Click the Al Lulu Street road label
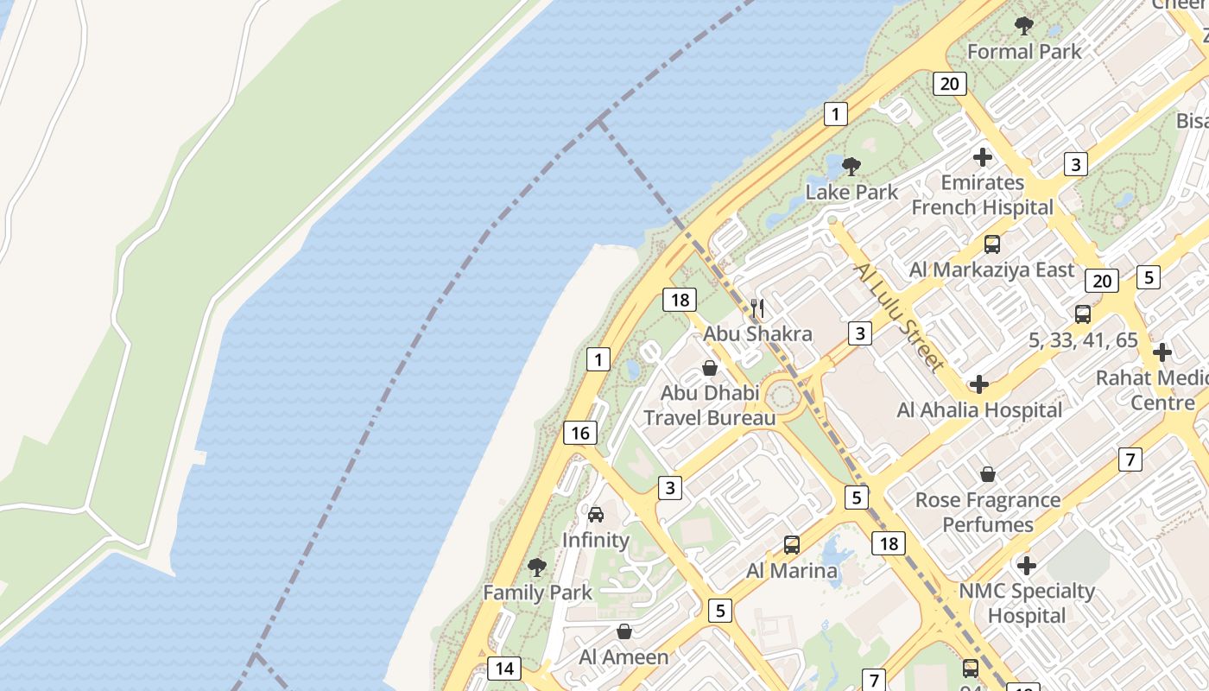tap(898, 317)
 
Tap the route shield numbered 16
tap(579, 433)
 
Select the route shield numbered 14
tap(504, 668)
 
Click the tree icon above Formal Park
tap(1024, 26)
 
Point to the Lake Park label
tap(851, 192)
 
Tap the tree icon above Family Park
tap(536, 567)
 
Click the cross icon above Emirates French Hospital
tap(982, 157)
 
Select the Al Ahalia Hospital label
tap(979, 409)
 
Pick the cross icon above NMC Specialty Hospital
tap(1026, 566)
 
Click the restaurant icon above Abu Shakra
tap(757, 308)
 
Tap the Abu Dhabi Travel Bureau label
tap(709, 405)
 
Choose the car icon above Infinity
tap(596, 515)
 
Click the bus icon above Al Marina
tap(792, 545)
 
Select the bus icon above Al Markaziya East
tap(992, 244)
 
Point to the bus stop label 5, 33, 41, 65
tap(1083, 339)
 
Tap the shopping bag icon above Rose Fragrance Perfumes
tap(988, 474)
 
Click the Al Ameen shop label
tap(623, 656)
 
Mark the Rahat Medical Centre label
tap(1152, 390)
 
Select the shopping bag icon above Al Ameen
tap(624, 631)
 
